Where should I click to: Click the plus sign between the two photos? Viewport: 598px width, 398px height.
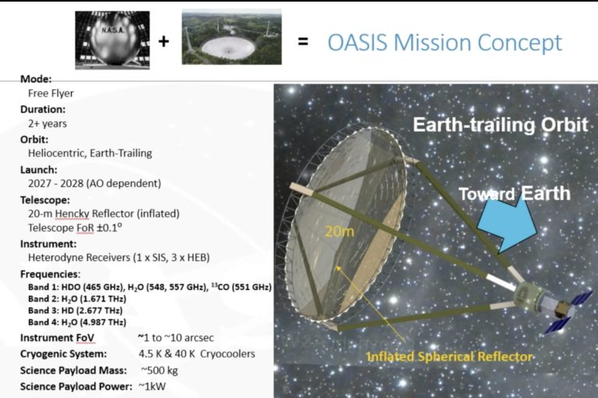pos(164,41)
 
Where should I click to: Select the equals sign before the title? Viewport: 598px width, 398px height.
pos(303,42)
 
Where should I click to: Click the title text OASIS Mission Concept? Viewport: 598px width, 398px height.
pos(444,42)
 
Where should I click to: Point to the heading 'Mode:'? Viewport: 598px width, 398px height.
pos(37,79)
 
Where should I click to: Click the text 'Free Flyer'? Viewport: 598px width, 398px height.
pos(51,93)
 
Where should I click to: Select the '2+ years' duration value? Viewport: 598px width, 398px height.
pos(47,123)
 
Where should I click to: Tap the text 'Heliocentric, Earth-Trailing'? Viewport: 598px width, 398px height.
pos(90,153)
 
